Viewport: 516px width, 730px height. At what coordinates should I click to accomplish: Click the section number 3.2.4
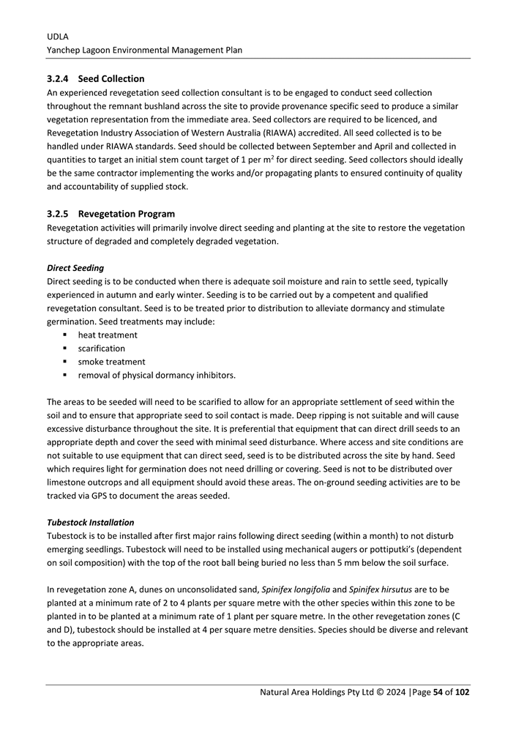pos(58,78)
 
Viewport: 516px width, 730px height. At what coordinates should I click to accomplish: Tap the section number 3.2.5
pos(58,214)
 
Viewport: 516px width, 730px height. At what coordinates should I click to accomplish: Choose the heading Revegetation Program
pos(127,214)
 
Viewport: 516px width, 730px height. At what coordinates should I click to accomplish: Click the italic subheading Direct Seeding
pos(75,268)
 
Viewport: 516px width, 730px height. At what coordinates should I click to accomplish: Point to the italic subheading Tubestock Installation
pos(90,522)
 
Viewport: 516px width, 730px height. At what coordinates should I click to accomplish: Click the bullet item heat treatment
pos(108,335)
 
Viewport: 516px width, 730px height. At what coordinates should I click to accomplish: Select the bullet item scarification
pos(102,349)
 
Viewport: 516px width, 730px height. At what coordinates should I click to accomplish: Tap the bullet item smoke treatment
pos(111,362)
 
